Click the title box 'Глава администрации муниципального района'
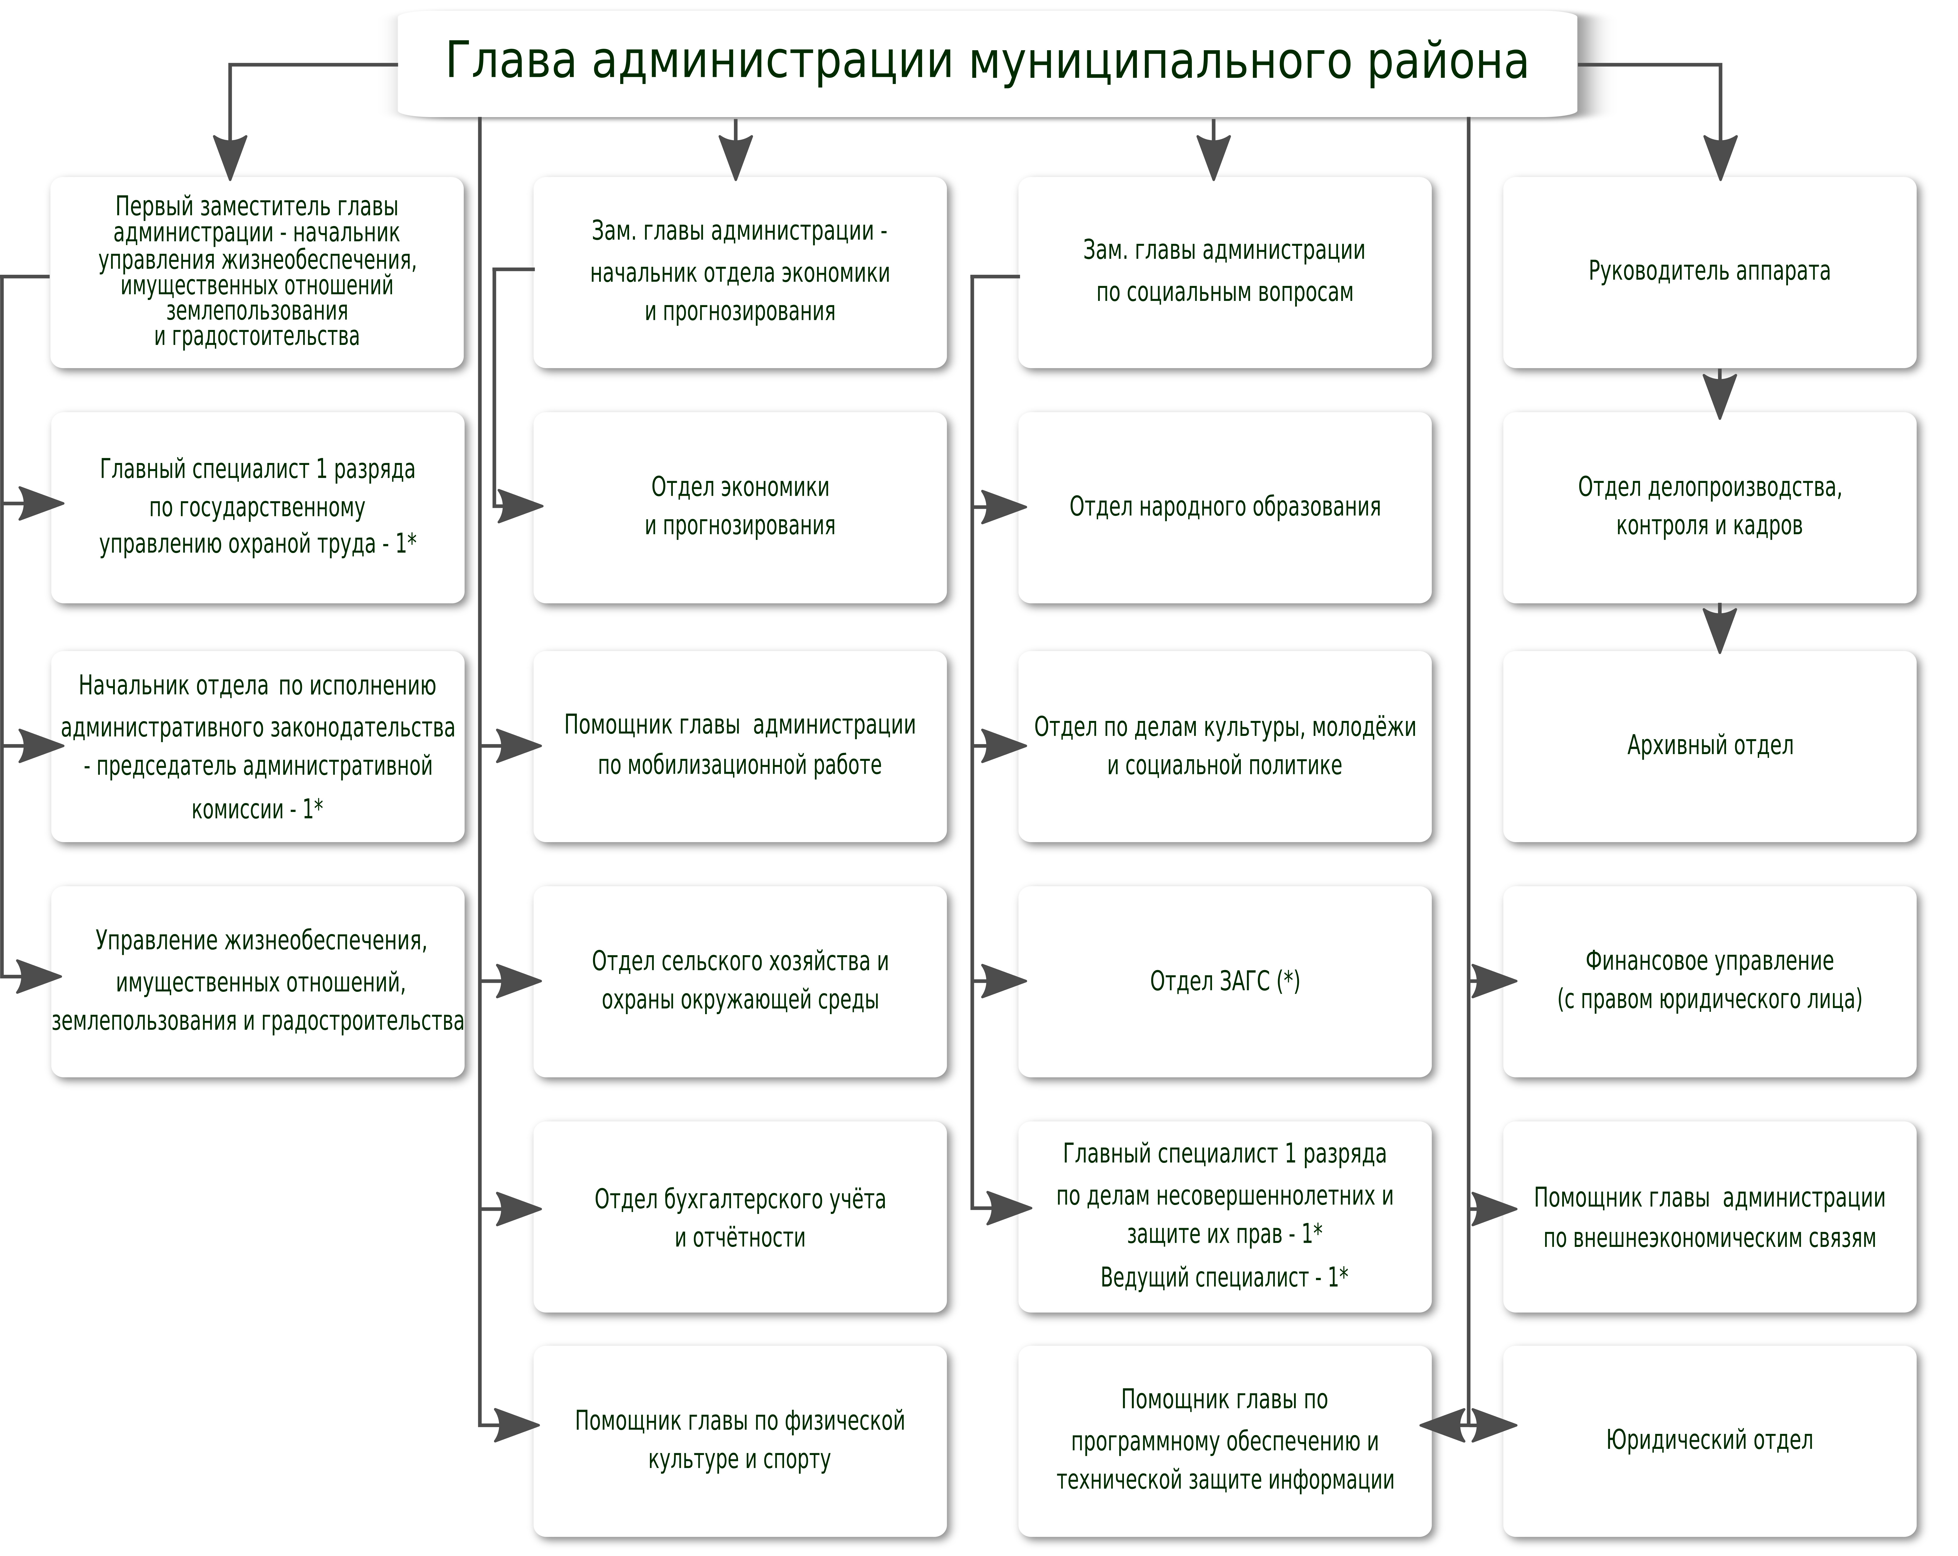(987, 63)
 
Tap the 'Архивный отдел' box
(1709, 746)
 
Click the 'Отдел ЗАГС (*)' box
(1224, 981)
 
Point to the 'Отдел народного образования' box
(1224, 508)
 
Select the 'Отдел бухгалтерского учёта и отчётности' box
(739, 1217)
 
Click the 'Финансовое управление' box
(1709, 981)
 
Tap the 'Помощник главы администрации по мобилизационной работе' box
(739, 746)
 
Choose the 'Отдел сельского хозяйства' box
(739, 981)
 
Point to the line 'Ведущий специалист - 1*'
(1224, 1277)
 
